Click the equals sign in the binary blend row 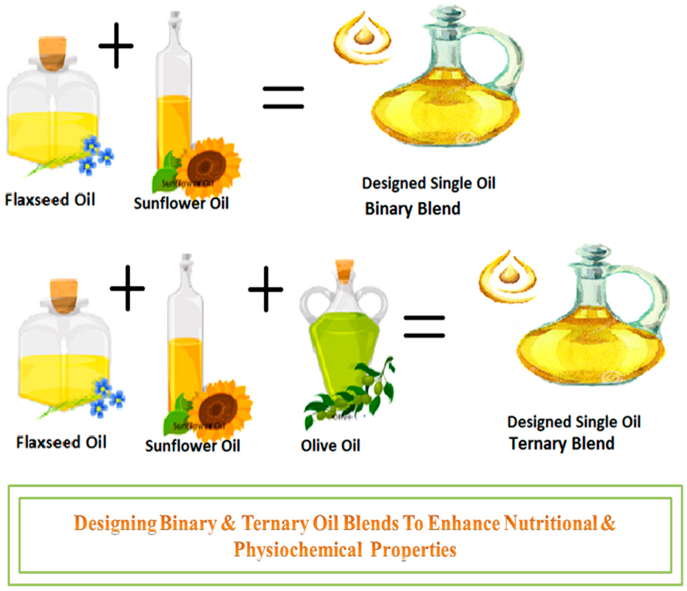point(283,98)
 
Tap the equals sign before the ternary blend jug point(424,327)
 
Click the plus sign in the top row point(116,46)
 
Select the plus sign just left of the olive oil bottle point(266,289)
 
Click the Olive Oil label point(330,446)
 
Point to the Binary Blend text point(413,209)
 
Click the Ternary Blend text point(562,444)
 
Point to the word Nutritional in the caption point(550,523)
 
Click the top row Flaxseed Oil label point(50,200)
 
